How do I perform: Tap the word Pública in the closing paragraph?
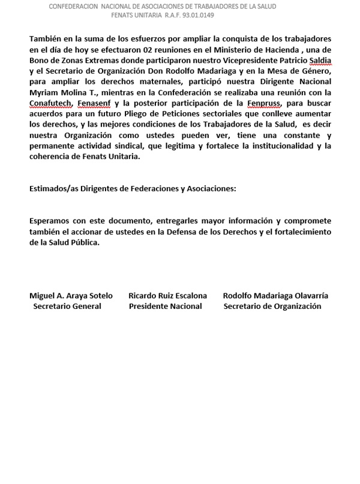(x=83, y=243)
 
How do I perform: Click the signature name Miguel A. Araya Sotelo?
(x=70, y=296)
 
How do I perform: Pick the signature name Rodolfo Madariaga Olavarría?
(x=275, y=296)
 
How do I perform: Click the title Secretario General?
(x=67, y=306)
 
